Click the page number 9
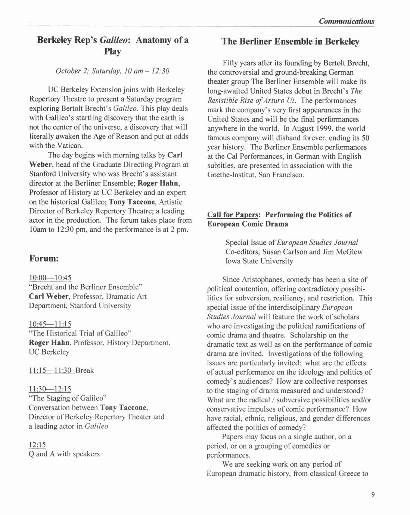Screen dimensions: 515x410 click(x=373, y=495)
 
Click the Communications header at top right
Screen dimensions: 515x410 click(x=346, y=21)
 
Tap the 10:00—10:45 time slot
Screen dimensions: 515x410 click(x=50, y=278)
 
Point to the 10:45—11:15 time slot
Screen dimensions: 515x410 click(x=50, y=324)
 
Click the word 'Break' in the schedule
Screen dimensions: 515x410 click(x=85, y=371)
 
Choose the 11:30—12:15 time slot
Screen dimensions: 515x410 click(x=50, y=389)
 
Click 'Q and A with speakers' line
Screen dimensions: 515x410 click(x=64, y=454)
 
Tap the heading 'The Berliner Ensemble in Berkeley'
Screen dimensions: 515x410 click(x=290, y=41)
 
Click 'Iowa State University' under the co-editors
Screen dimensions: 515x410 click(x=259, y=261)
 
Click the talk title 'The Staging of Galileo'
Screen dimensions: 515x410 click(x=68, y=398)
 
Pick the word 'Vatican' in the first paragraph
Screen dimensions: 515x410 click(x=69, y=146)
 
